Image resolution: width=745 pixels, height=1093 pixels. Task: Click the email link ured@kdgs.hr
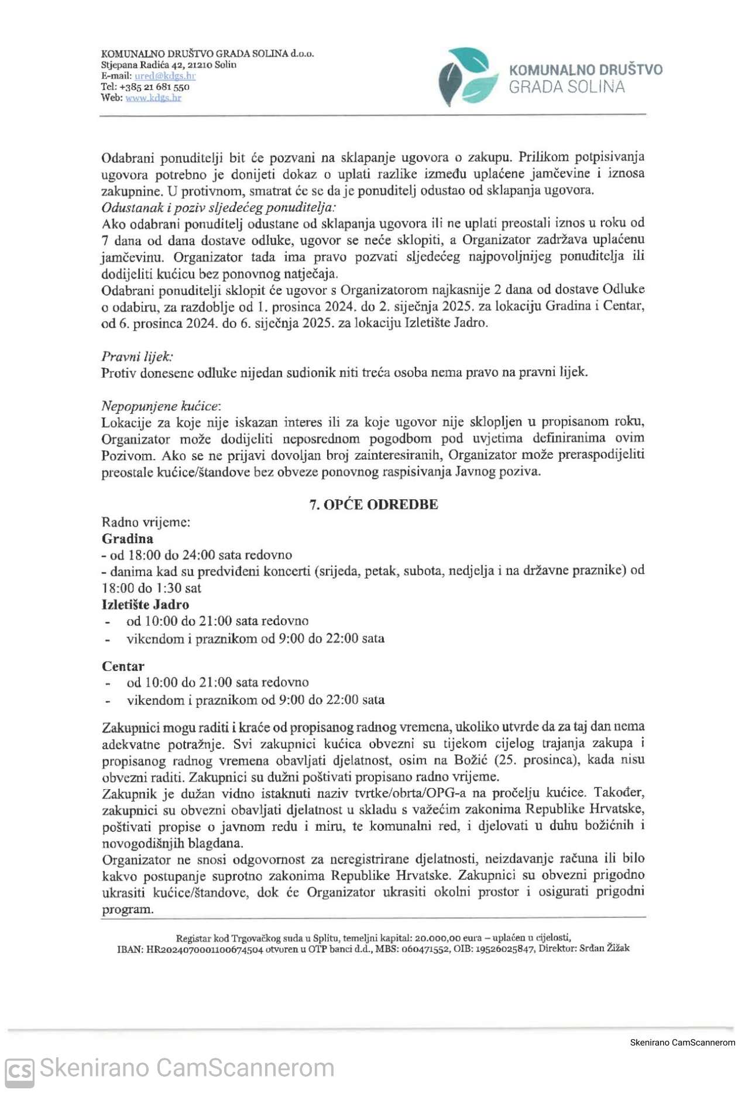click(165, 76)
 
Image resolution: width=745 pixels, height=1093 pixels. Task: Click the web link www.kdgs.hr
click(153, 98)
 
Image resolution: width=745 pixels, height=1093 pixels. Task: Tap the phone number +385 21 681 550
click(154, 87)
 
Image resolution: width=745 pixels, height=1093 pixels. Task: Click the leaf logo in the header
click(465, 77)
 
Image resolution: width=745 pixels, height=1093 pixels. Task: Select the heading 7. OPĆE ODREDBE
click(373, 505)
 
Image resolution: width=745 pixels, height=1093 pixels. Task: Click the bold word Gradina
click(128, 539)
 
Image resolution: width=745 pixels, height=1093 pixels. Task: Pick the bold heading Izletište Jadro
click(145, 605)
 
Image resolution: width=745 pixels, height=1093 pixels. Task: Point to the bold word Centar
click(123, 666)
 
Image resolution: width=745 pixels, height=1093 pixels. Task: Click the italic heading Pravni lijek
click(137, 357)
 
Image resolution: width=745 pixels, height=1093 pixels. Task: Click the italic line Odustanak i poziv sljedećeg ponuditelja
click(218, 208)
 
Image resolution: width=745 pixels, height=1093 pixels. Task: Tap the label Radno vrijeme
click(146, 522)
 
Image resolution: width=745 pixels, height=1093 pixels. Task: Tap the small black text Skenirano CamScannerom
click(682, 1042)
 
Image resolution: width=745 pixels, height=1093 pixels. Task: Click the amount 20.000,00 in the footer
click(440, 938)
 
